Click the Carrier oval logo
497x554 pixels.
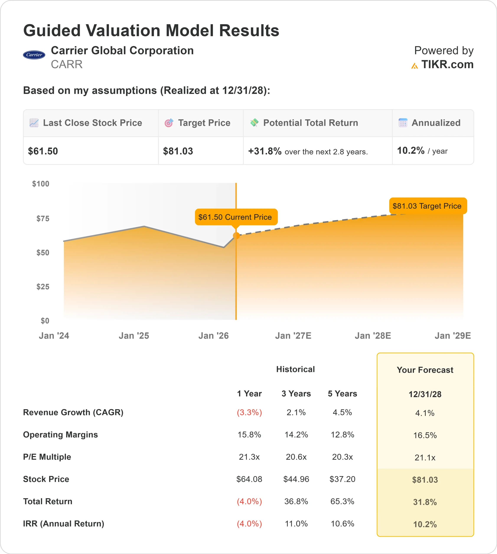pyautogui.click(x=34, y=55)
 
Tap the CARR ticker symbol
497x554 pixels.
pyautogui.click(x=67, y=64)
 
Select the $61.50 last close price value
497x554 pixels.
pyautogui.click(x=43, y=151)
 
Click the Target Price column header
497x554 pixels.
pyautogui.click(x=204, y=123)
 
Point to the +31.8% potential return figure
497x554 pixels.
pyautogui.click(x=264, y=151)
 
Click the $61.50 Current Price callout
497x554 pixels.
pyautogui.click(x=236, y=217)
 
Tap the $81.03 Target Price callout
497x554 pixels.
pyautogui.click(x=427, y=206)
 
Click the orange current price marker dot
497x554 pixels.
pyautogui.click(x=236, y=236)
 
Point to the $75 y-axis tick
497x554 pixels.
pyautogui.click(x=43, y=218)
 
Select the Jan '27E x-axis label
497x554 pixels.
pyautogui.click(x=293, y=336)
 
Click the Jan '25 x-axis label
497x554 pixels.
pyautogui.click(x=134, y=336)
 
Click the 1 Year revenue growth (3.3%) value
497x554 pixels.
pyautogui.click(x=249, y=412)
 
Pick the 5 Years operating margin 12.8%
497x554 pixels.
pyautogui.click(x=342, y=435)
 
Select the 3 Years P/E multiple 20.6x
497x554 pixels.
pyautogui.click(x=296, y=457)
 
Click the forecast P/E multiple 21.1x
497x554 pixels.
pyautogui.click(x=425, y=457)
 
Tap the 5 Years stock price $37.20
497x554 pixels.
pyautogui.click(x=342, y=479)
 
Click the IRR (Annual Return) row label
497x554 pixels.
pyautogui.click(x=64, y=523)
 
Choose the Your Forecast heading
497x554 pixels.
pyautogui.click(x=425, y=370)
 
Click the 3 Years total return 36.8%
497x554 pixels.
pyautogui.click(x=296, y=501)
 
